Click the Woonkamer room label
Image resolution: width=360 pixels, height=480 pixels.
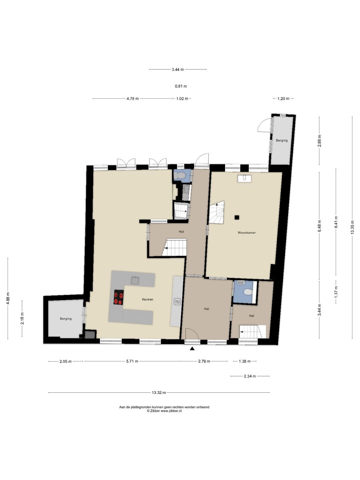click(247, 233)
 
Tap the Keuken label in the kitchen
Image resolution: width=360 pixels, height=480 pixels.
click(148, 299)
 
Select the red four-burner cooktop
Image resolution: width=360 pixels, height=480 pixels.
click(118, 297)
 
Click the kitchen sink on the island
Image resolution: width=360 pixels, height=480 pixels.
click(135, 280)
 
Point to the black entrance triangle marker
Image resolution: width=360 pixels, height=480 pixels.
click(192, 349)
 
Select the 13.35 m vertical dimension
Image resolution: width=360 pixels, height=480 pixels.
click(352, 227)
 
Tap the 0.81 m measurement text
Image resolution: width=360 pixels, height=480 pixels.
click(181, 86)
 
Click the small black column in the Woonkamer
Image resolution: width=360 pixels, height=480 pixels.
click(237, 217)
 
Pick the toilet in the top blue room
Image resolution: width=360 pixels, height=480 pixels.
click(181, 175)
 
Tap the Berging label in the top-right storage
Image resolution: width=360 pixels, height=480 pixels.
click(282, 140)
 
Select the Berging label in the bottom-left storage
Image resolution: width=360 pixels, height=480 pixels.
click(66, 319)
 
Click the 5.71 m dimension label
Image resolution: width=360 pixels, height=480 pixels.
click(132, 361)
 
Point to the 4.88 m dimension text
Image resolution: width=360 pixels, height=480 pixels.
click(8, 298)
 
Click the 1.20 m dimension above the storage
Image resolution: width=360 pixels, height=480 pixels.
click(283, 99)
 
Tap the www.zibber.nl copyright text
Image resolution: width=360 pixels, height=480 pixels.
click(164, 411)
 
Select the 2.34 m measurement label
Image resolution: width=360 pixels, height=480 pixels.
click(250, 376)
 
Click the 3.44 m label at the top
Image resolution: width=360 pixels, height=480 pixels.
click(178, 70)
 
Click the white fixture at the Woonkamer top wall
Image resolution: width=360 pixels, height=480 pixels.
click(245, 178)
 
